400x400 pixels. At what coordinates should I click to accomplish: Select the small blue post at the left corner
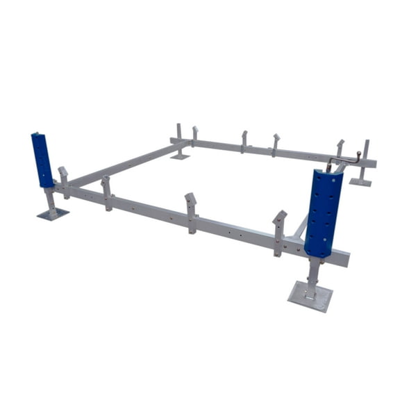point(42,160)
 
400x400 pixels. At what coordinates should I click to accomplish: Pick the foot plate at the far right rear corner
point(360,182)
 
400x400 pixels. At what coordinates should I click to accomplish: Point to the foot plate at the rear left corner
point(179,156)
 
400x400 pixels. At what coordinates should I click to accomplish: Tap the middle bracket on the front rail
point(190,211)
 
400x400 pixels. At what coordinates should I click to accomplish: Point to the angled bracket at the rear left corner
point(195,134)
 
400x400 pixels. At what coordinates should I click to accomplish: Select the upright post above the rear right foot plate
point(365,156)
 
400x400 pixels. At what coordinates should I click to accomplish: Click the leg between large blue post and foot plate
point(312,269)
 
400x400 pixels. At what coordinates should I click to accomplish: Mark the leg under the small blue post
point(49,200)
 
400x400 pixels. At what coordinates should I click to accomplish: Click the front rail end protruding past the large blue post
point(342,258)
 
